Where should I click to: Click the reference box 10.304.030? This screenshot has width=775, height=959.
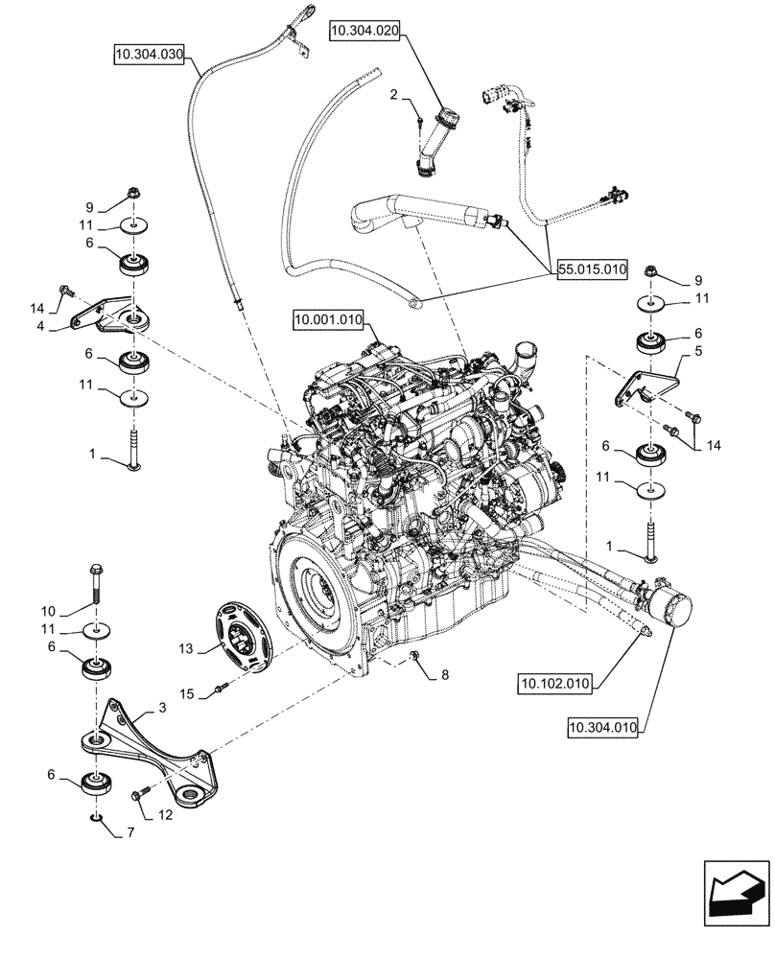pos(149,53)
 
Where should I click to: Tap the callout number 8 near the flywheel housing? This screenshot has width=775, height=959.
pos(442,675)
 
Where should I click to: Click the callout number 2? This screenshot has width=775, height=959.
pos(393,94)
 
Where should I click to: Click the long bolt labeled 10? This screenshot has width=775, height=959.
pos(98,582)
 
